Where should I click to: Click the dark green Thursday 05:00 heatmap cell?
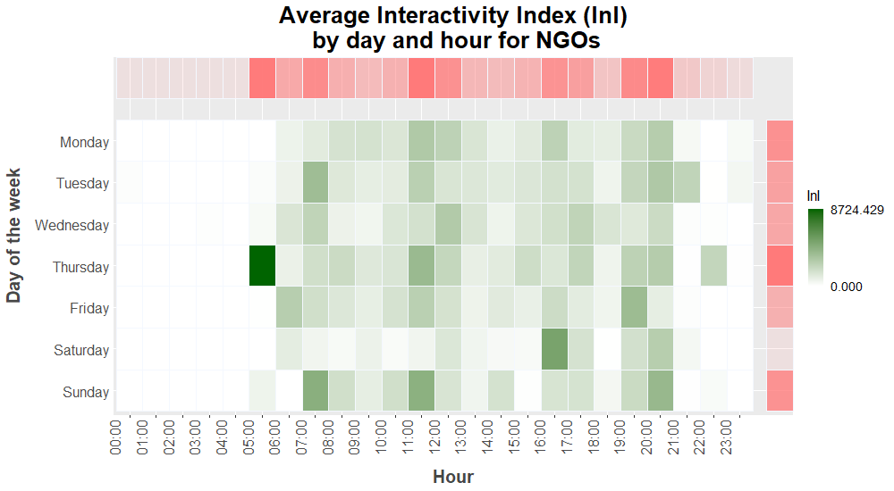pyautogui.click(x=262, y=265)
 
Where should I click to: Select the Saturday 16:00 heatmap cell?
pyautogui.click(x=554, y=349)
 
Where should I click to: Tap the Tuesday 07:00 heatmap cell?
pyautogui.click(x=316, y=182)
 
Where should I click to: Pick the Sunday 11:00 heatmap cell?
pyautogui.click(x=421, y=391)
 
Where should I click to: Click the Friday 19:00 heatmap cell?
pyautogui.click(x=634, y=308)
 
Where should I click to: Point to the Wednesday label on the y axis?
pyautogui.click(x=72, y=226)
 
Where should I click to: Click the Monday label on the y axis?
pyautogui.click(x=84, y=142)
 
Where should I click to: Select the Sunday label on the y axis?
pyautogui.click(x=86, y=392)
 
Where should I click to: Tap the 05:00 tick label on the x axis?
pyautogui.click(x=249, y=437)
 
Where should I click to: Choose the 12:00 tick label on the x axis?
pyautogui.click(x=434, y=437)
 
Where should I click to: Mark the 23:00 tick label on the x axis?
pyautogui.click(x=726, y=437)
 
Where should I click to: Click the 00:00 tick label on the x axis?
pyautogui.click(x=115, y=437)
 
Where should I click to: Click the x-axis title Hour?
pyautogui.click(x=453, y=477)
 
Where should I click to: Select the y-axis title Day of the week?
pyautogui.click(x=13, y=236)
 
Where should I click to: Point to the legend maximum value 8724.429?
pyautogui.click(x=857, y=210)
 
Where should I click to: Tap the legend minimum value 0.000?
pyautogui.click(x=846, y=287)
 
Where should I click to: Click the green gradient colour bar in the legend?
pyautogui.click(x=815, y=248)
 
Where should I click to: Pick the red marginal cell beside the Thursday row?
pyautogui.click(x=780, y=265)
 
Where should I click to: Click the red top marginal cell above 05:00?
pyautogui.click(x=262, y=78)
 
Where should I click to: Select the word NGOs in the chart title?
pyautogui.click(x=568, y=40)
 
